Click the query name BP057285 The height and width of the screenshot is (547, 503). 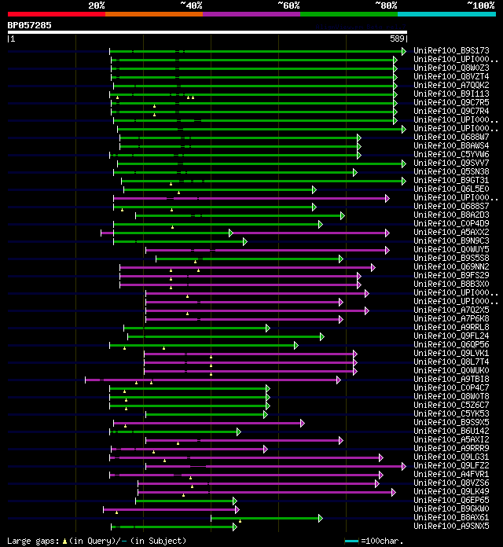coord(29,25)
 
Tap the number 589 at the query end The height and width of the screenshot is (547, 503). coord(397,38)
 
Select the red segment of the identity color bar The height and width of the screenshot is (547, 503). coord(56,14)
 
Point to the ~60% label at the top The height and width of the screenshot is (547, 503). coord(288,6)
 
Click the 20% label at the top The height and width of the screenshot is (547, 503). coord(96,6)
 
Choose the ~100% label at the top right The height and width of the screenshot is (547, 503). coord(480,6)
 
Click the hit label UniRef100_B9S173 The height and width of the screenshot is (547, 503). coord(451,51)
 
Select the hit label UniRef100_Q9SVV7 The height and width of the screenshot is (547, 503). coord(451,163)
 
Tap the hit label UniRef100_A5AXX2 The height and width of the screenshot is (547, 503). coord(451,233)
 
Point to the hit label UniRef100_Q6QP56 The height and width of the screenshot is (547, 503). coord(451,345)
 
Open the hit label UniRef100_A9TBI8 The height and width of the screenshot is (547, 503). coord(451,380)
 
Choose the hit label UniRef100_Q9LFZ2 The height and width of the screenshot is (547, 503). coord(451,466)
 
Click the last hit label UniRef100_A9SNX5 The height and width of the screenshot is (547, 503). coord(451,527)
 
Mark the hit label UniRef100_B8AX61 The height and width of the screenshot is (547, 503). coord(451,518)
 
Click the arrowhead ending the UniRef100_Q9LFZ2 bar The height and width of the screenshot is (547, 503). coord(404,466)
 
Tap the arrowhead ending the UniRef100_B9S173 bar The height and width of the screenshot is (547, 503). coord(404,51)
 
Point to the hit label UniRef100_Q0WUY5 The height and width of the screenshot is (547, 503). coord(451,250)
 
